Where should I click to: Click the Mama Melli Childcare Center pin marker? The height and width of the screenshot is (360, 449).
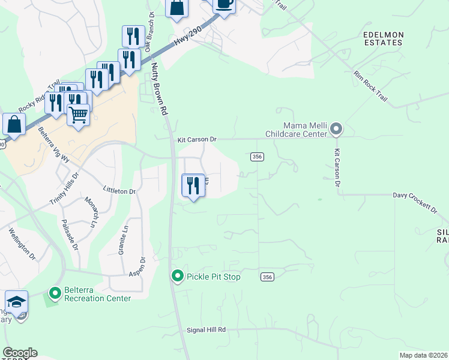pyautogui.click(x=337, y=130)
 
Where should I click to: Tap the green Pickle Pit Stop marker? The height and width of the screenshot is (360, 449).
pyautogui.click(x=178, y=277)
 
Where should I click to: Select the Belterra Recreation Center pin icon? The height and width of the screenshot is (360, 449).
pyautogui.click(x=55, y=293)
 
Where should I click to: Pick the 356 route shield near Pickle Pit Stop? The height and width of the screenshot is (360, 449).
pyautogui.click(x=268, y=277)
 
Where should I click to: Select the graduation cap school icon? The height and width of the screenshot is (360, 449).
pyautogui.click(x=16, y=302)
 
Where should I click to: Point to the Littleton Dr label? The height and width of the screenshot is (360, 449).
pyautogui.click(x=119, y=191)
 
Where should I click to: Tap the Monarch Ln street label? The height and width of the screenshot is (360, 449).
pyautogui.click(x=89, y=212)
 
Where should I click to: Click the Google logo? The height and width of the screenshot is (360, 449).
pyautogui.click(x=19, y=353)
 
